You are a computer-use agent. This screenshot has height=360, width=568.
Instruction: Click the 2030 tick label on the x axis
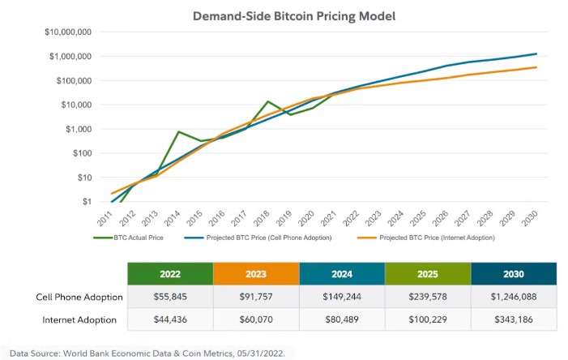coord(532,219)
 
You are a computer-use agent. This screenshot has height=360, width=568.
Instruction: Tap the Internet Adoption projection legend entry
coord(426,238)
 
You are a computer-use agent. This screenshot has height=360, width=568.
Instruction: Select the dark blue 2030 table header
coord(514,273)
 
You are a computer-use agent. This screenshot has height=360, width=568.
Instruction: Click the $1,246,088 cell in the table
coord(514,297)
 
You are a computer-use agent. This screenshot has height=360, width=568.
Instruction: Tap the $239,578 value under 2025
coord(427,297)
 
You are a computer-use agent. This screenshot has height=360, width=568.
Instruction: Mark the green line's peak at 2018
coord(268,101)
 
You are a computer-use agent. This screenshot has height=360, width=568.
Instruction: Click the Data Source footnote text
coord(147,354)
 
